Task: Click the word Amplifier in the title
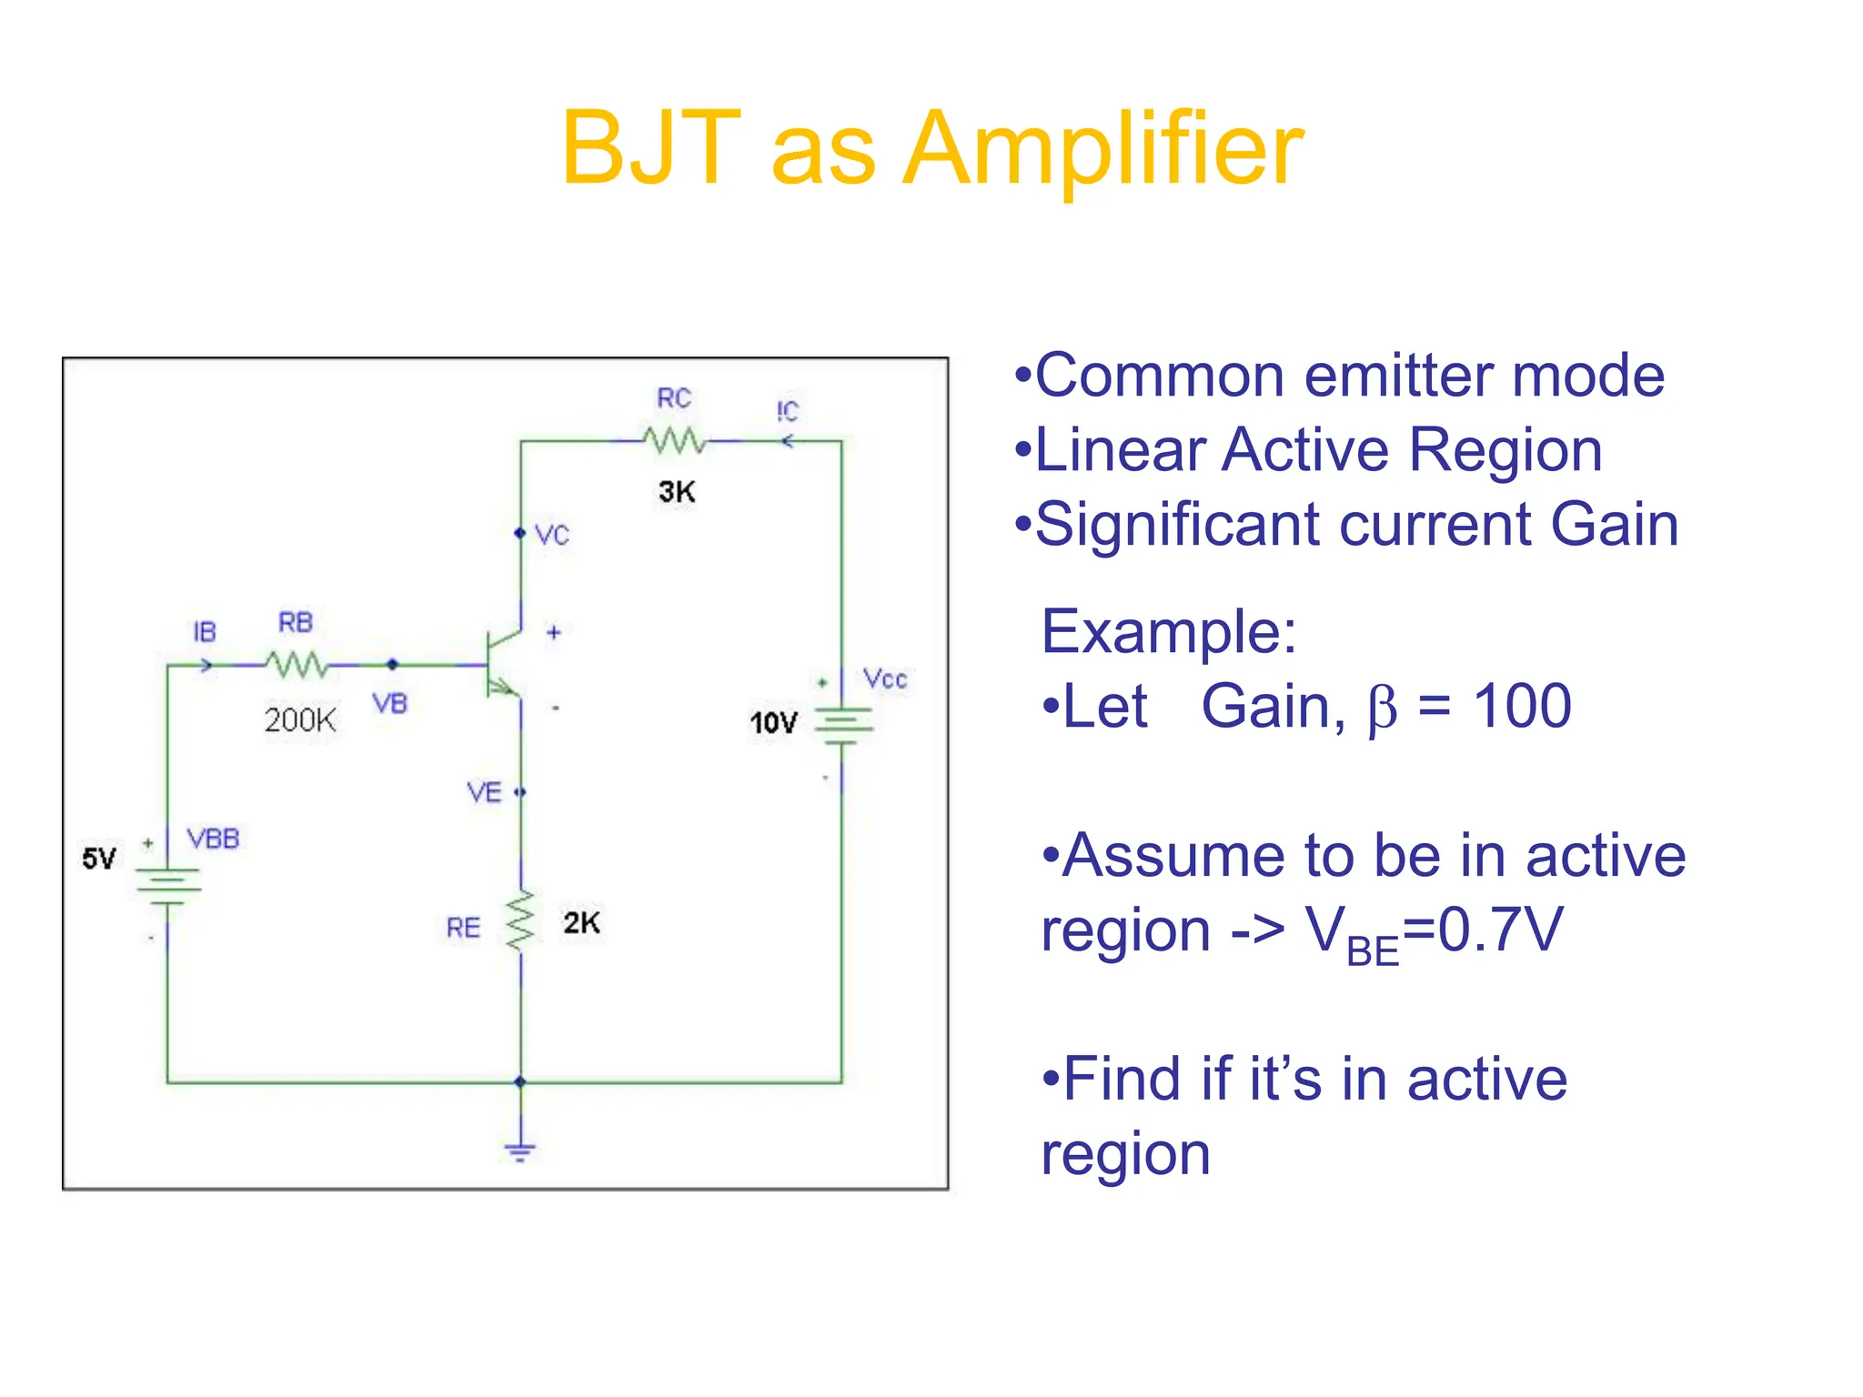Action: coord(1103,149)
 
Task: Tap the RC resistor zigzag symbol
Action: coord(674,440)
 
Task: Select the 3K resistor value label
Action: coord(677,492)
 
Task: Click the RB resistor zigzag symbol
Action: coord(297,665)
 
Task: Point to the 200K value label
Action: coord(300,720)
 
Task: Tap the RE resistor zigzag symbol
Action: coord(521,921)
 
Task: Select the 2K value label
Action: coord(581,923)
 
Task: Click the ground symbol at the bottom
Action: coord(520,1151)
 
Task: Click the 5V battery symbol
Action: coord(167,886)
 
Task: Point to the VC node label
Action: coord(552,535)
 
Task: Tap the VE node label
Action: coord(484,793)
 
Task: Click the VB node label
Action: coord(390,703)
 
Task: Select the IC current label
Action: coord(788,411)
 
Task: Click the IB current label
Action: coord(205,631)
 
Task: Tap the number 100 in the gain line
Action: coord(1522,707)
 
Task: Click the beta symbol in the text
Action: coord(1381,709)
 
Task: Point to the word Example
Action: coord(1168,632)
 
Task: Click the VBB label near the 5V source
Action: coord(213,839)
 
